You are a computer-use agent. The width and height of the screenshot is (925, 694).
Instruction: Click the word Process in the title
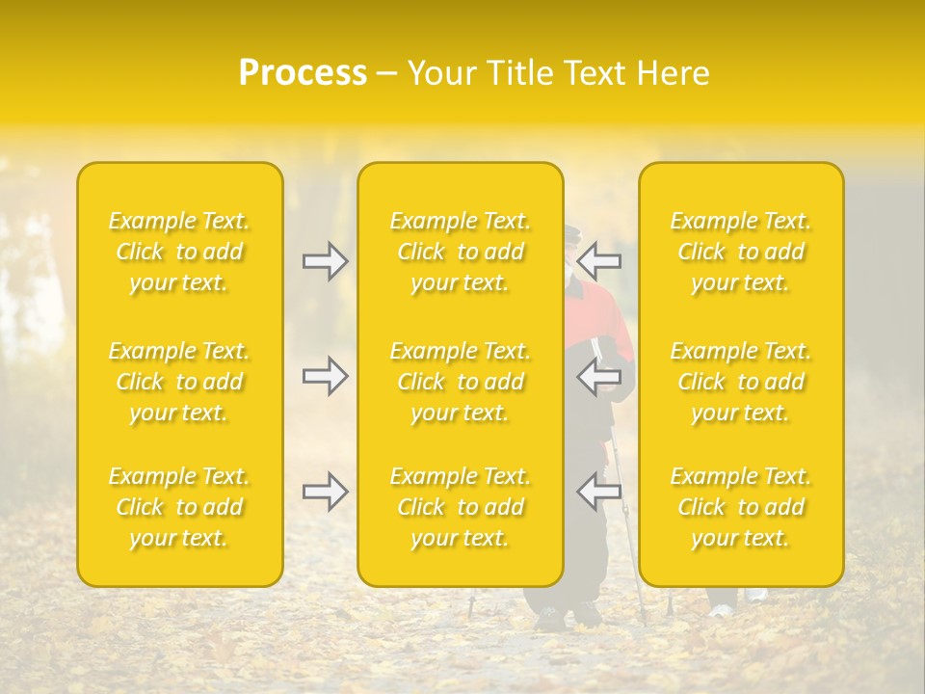coord(303,73)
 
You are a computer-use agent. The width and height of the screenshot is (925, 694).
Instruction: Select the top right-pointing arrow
coord(325,261)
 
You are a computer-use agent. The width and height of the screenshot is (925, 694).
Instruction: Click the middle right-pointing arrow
coord(325,376)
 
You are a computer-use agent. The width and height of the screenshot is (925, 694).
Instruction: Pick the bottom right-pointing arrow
coord(325,492)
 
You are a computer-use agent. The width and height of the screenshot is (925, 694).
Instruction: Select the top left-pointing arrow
coord(599,261)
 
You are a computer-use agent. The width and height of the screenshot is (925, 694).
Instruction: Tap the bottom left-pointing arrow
coord(599,492)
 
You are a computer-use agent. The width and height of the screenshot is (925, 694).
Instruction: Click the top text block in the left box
coord(179,252)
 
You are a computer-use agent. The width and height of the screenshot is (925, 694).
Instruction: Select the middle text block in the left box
coord(179,382)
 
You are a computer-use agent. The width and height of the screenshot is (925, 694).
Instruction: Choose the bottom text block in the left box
coord(179,507)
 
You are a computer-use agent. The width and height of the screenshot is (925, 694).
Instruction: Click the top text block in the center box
coord(460,252)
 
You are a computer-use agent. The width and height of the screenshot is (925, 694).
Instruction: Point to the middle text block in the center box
coord(460,382)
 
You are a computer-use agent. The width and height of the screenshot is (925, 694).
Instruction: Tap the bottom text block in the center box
coord(460,507)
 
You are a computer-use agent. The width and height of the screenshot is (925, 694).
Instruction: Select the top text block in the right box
coord(740,252)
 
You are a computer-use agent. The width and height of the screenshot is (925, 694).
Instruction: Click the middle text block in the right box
coord(740,382)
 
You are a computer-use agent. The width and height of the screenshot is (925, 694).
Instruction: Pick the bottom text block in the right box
coord(740,507)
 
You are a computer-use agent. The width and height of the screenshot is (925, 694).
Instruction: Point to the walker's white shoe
coord(721,609)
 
